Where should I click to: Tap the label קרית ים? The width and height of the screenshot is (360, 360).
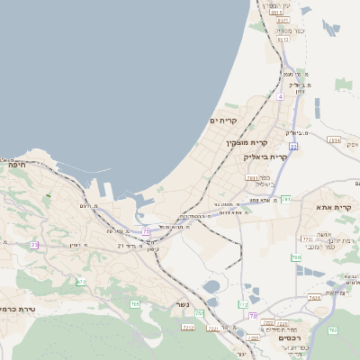click(x=224, y=121)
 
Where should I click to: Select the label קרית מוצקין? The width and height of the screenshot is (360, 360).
click(x=247, y=142)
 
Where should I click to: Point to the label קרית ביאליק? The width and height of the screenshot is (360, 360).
click(x=265, y=157)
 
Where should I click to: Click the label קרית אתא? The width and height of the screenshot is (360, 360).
click(x=334, y=208)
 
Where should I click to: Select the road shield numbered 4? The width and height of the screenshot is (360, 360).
click(x=281, y=95)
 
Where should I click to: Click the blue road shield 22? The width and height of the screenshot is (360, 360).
click(x=292, y=145)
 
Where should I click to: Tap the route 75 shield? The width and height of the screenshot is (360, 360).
click(x=146, y=231)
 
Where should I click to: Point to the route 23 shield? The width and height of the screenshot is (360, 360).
click(x=35, y=244)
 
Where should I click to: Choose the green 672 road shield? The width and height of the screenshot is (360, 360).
click(x=81, y=282)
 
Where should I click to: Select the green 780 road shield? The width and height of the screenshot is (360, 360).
click(x=296, y=258)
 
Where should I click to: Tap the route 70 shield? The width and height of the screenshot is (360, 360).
click(x=253, y=316)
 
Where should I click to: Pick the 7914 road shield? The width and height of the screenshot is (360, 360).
click(x=334, y=139)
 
